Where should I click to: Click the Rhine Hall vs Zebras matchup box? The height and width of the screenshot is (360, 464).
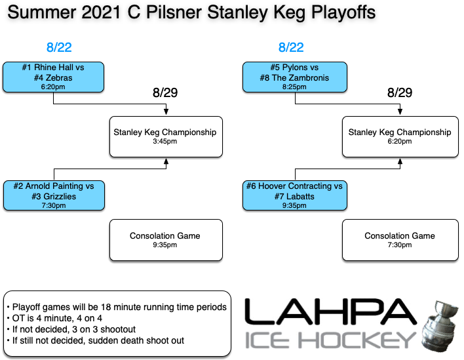point(54,77)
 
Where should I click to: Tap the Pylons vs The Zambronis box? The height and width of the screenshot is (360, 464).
point(294,77)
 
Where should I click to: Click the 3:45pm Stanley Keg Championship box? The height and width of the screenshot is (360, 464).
point(165,137)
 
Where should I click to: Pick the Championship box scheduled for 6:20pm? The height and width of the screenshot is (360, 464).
point(400,137)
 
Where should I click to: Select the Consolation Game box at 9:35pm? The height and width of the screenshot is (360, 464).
point(165,240)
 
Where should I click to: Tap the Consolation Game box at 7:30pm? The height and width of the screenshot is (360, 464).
point(400,240)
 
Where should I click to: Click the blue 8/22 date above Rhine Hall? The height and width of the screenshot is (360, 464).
point(59,48)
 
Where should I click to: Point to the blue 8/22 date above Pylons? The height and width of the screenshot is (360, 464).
point(291,48)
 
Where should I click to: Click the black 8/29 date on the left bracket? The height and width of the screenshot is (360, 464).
point(165,92)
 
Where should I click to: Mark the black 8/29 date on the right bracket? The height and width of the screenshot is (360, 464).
point(400,92)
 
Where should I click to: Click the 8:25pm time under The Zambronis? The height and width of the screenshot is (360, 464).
point(294,87)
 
